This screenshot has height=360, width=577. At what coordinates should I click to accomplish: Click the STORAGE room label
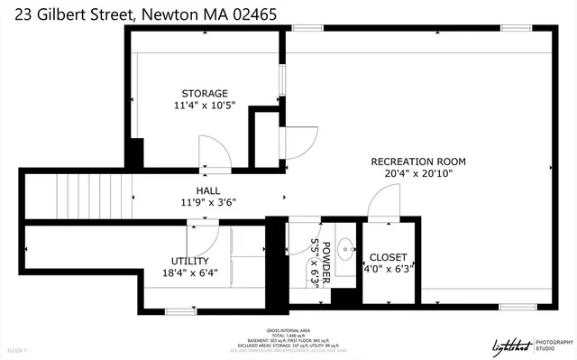(x=205, y=93)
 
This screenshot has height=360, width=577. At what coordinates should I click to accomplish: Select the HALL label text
(x=209, y=190)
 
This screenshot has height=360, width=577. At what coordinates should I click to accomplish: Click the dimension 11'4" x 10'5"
(x=205, y=106)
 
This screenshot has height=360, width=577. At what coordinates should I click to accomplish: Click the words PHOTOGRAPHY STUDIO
(x=554, y=343)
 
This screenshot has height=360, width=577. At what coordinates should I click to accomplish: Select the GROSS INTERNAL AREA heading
(x=288, y=331)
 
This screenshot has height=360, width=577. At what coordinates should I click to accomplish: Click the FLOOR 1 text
(x=16, y=349)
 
